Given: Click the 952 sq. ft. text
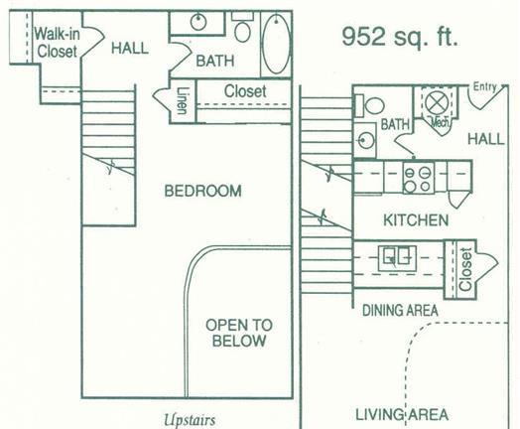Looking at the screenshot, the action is pos(400,37).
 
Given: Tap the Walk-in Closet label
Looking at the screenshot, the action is pos(57,43).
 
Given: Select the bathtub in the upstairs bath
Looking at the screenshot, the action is pos(276,44).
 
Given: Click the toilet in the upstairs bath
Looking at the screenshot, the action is pos(242,27).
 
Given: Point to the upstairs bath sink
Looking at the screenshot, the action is pos(198,22).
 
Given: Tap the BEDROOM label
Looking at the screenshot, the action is pos(203,191).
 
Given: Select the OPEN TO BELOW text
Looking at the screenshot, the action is pos(239,333).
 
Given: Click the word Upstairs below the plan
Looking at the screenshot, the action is pos(190,420).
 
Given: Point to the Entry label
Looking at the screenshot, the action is pos(484,87).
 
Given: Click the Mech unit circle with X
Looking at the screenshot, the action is pos(437,102).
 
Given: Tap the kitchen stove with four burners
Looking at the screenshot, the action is pos(418,178).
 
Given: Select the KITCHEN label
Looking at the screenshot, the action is pos(416,220).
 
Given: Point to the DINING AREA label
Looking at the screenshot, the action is pos(400,311).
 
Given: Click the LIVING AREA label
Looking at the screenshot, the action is pos(402,415).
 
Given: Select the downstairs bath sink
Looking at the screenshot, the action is pos(365,140).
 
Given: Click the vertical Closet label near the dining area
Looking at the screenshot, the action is pos(465,269).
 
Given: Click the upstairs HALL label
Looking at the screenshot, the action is pos(130,48).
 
